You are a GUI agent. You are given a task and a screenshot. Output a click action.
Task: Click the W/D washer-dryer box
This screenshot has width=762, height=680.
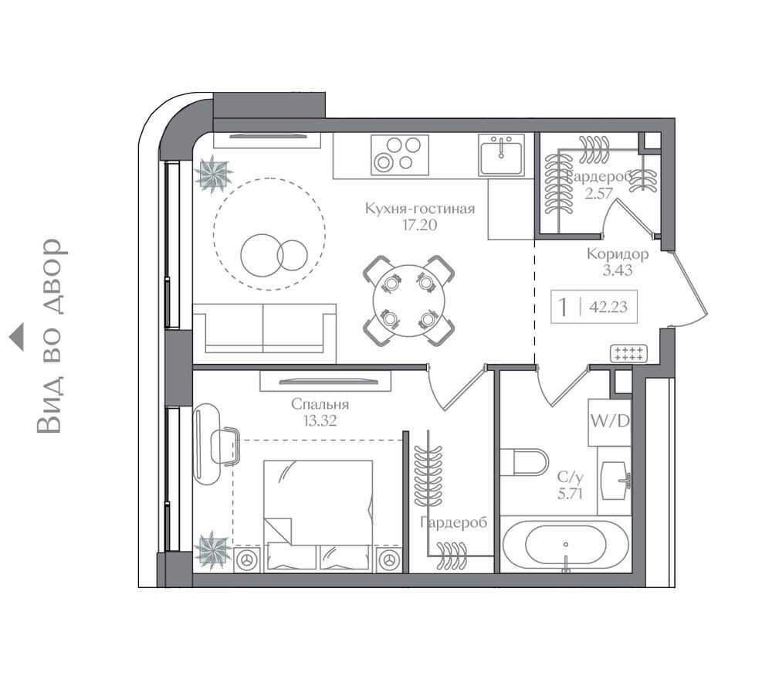click(x=609, y=422)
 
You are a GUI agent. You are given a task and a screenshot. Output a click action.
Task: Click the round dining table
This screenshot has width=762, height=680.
click(x=408, y=301)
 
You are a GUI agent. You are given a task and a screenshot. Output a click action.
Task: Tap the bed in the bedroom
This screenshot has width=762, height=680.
click(x=318, y=514)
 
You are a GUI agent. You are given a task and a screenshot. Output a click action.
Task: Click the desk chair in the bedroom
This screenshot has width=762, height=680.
click(x=225, y=447)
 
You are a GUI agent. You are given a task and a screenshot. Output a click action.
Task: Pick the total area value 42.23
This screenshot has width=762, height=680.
click(x=608, y=307)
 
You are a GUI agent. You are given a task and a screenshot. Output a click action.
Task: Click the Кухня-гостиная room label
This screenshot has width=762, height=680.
click(x=419, y=209)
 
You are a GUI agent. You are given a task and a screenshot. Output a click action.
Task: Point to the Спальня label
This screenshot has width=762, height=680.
click(x=320, y=404)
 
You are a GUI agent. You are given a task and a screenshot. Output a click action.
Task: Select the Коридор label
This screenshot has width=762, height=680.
click(x=617, y=253)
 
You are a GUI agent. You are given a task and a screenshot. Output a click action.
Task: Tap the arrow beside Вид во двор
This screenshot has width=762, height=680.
click(x=16, y=337)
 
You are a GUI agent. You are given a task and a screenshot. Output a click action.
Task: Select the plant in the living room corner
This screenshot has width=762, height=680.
click(x=212, y=173)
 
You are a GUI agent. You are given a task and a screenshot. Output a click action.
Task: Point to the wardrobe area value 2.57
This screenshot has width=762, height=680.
click(x=598, y=193)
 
